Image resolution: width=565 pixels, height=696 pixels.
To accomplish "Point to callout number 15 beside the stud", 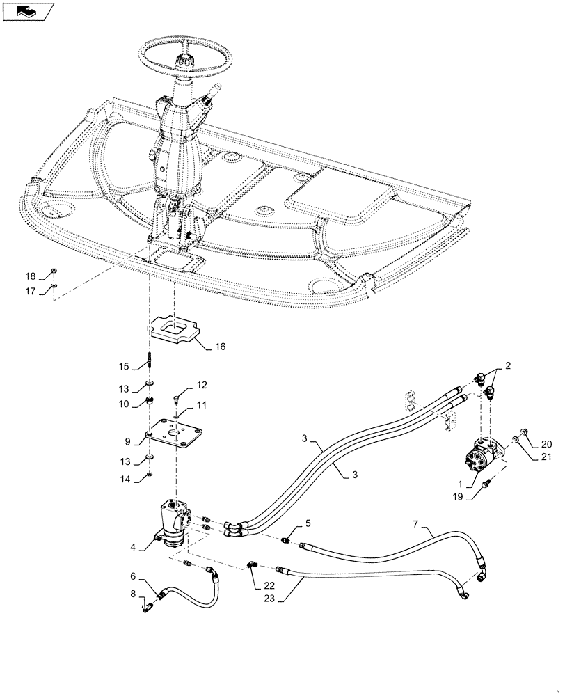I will click(x=123, y=366).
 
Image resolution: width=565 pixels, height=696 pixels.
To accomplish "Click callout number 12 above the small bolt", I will click(x=201, y=385).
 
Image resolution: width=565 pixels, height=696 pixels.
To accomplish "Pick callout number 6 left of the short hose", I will click(x=134, y=576).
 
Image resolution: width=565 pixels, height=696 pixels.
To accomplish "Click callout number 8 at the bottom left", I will click(x=134, y=594).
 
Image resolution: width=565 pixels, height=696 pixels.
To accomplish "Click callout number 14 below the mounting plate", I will click(x=123, y=478).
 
